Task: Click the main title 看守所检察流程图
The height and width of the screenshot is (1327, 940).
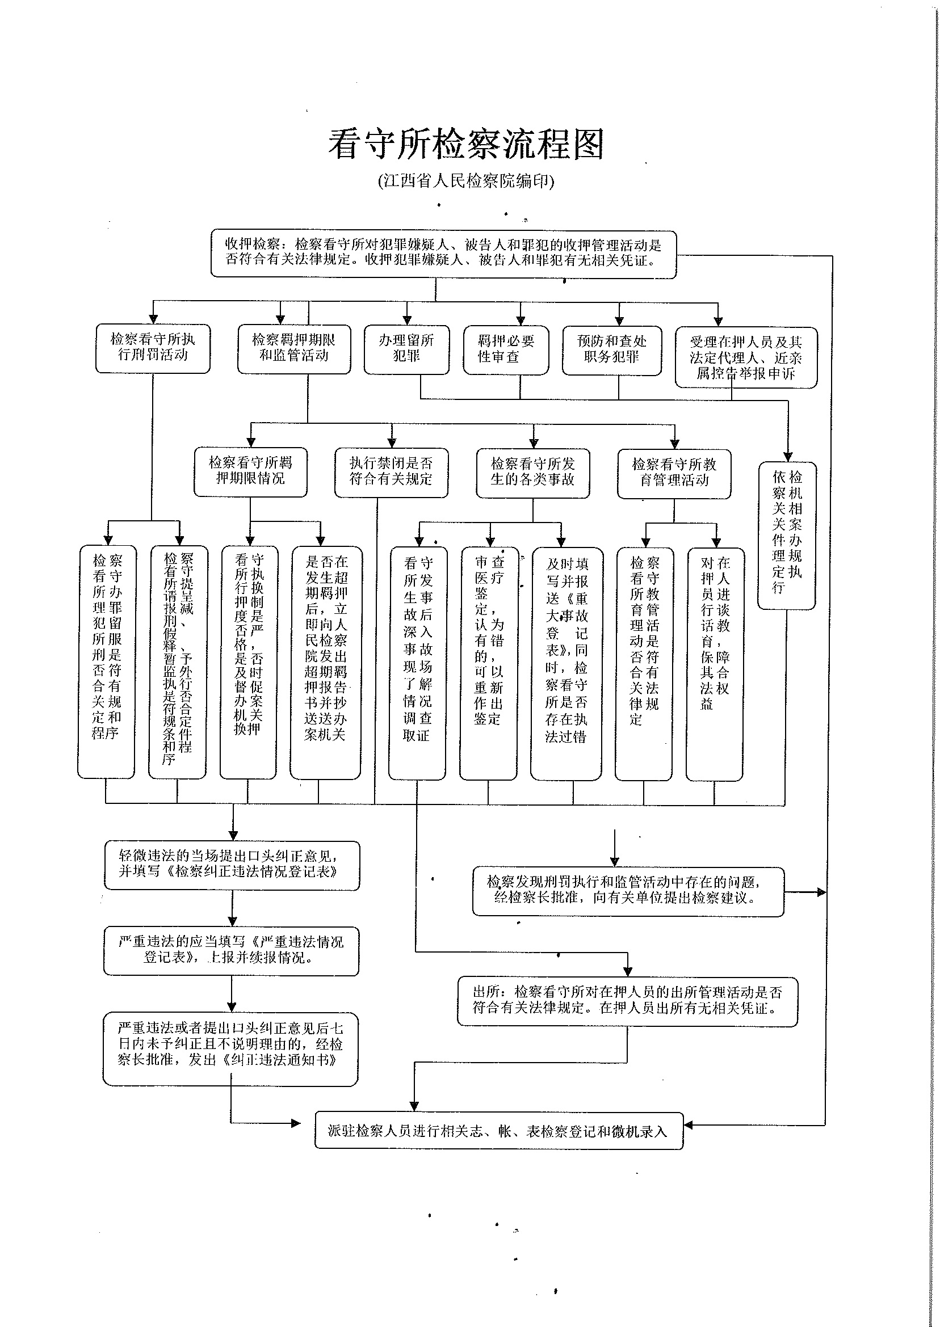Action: pyautogui.click(x=467, y=144)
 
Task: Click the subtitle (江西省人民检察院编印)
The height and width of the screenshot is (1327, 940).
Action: pyautogui.click(x=467, y=181)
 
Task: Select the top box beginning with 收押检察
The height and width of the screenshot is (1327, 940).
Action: pyautogui.click(x=443, y=253)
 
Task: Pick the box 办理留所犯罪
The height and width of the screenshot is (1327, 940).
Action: pyautogui.click(x=406, y=349)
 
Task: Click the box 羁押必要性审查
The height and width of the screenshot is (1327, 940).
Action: pyautogui.click(x=506, y=349)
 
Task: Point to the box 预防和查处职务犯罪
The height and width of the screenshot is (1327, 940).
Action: pyautogui.click(x=612, y=349)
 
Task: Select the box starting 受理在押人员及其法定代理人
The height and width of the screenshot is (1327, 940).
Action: pyautogui.click(x=746, y=357)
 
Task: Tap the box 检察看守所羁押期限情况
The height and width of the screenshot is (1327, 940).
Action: pyautogui.click(x=250, y=471)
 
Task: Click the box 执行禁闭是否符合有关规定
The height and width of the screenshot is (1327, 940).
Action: pyautogui.click(x=391, y=471)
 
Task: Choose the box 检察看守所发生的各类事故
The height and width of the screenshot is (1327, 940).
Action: pyautogui.click(x=532, y=472)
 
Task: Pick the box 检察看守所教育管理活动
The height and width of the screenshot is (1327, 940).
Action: pyautogui.click(x=674, y=473)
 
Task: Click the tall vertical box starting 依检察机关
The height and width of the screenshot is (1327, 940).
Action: pyautogui.click(x=787, y=534)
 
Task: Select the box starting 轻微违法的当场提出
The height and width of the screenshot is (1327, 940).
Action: pyautogui.click(x=232, y=865)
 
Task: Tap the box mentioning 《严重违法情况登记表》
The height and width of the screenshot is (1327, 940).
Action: pyautogui.click(x=231, y=950)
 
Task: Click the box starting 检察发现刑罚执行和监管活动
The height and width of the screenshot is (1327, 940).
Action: pyautogui.click(x=627, y=891)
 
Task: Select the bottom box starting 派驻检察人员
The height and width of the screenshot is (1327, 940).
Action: pyautogui.click(x=498, y=1130)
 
